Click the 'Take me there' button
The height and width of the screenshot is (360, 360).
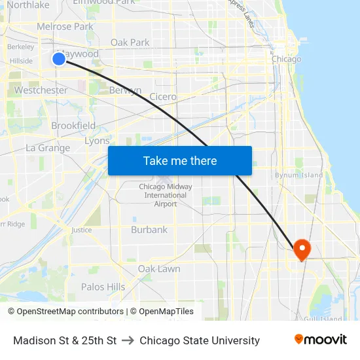click(180, 160)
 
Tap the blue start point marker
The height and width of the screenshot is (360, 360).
click(59, 60)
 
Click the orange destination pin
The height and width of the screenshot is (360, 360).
click(302, 249)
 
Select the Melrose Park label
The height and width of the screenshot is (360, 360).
click(65, 27)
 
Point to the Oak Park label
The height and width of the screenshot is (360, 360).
click(130, 43)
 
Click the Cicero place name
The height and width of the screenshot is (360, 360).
click(162, 97)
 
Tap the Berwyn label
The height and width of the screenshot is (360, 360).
click(125, 90)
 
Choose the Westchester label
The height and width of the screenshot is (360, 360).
click(41, 90)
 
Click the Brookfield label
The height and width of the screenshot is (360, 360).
click(73, 126)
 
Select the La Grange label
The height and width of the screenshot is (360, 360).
click(48, 148)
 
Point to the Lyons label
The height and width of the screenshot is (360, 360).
click(97, 141)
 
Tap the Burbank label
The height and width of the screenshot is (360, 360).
click(149, 230)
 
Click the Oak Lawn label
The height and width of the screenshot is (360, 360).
click(159, 269)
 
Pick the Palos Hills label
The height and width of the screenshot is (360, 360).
click(103, 287)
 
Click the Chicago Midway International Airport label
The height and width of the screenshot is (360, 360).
click(166, 195)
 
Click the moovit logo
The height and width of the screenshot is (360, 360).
click(320, 340)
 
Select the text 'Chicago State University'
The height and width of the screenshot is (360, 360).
click(200, 340)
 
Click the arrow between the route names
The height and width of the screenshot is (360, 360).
click(128, 340)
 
